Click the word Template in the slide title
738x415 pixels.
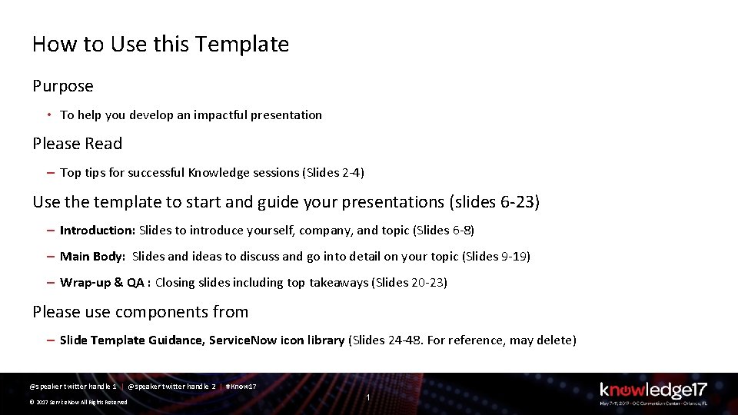[x=242, y=45]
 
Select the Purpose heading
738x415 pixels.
[x=63, y=86]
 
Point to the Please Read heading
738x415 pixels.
[x=77, y=144]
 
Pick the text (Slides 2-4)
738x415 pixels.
[x=335, y=172]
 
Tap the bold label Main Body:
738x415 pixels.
[x=93, y=256]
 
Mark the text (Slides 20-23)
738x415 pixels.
[x=409, y=282]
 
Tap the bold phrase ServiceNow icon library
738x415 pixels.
[x=277, y=340]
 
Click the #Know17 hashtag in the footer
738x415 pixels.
[x=241, y=386]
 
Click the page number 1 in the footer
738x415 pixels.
[x=369, y=397]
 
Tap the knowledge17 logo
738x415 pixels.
[x=653, y=391]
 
